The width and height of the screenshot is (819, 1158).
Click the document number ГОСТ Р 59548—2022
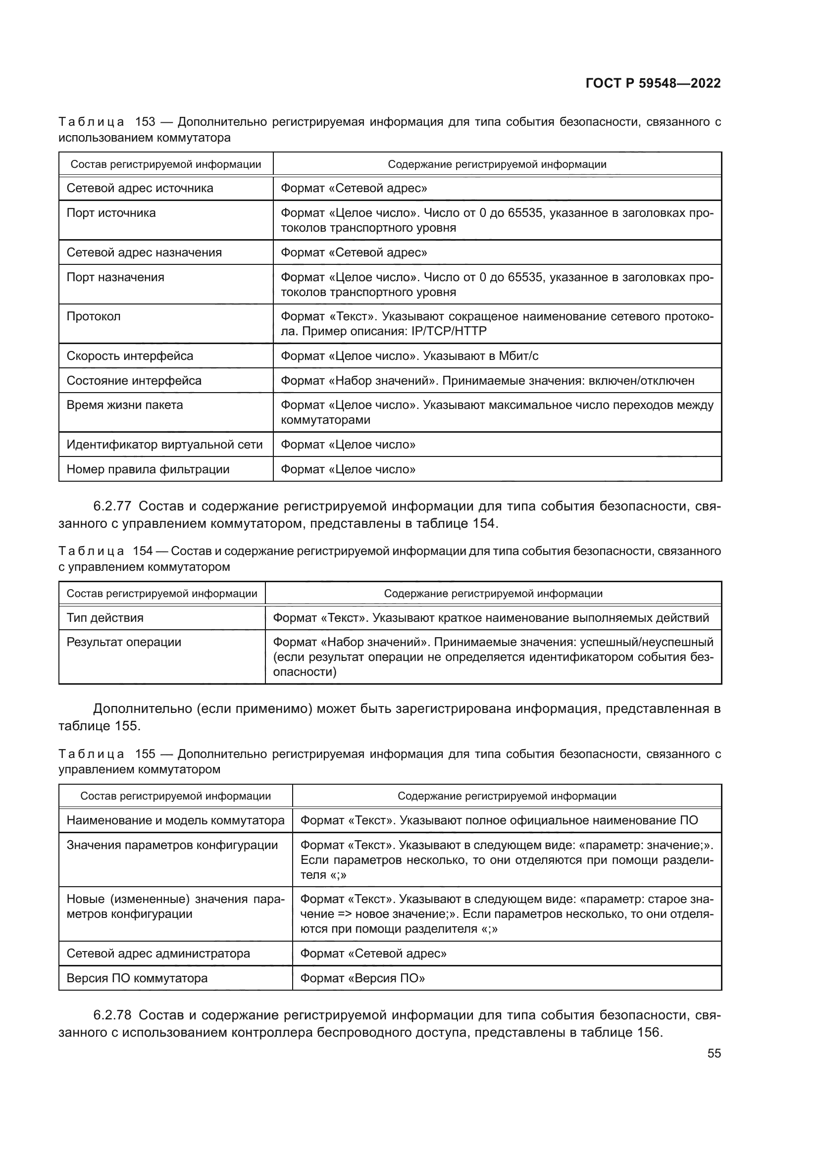(653, 84)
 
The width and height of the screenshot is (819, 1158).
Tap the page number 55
(714, 1053)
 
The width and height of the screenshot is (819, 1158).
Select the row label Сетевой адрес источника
(140, 188)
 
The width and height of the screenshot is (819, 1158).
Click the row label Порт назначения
(115, 277)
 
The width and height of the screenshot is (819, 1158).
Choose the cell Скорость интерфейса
(130, 356)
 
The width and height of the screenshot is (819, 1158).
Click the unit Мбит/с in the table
(518, 356)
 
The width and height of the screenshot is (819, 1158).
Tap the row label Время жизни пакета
(125, 405)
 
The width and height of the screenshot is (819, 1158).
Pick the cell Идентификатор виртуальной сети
(164, 444)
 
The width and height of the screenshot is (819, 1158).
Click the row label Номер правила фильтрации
(148, 469)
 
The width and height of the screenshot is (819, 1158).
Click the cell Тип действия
(105, 618)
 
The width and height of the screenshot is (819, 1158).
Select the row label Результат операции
(124, 642)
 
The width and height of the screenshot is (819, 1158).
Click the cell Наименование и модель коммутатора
(175, 820)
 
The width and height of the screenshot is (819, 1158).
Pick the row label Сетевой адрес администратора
(158, 953)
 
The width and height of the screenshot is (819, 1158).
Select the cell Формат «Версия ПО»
(362, 978)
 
